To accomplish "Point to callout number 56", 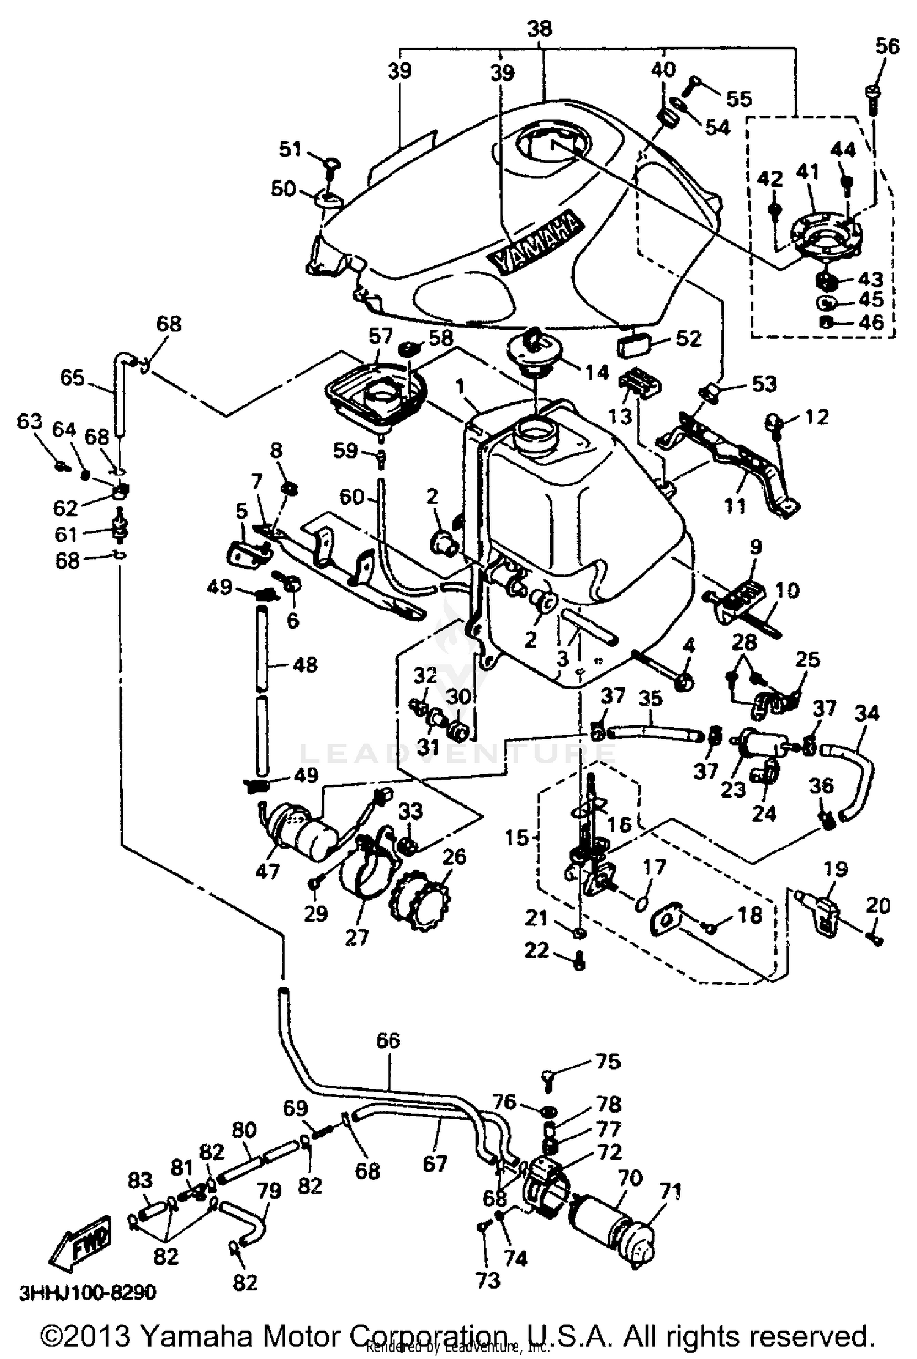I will (887, 46).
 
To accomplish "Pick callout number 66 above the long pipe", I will (388, 1040).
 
